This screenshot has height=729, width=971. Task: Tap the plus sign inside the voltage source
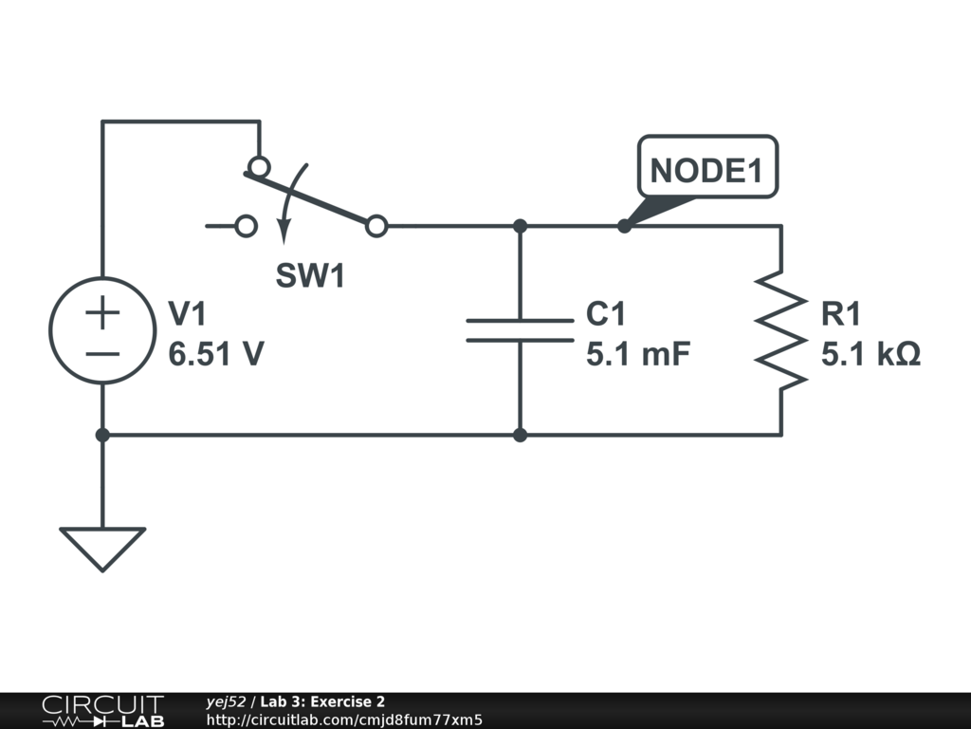coord(102,312)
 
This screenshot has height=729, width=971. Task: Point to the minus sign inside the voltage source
coord(102,354)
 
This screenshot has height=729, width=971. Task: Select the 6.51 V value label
coord(216,354)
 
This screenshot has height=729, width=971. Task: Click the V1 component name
coord(187,313)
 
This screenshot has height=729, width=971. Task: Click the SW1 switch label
coord(310,275)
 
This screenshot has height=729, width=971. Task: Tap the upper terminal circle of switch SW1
coord(259,167)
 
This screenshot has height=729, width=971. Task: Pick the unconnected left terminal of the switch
coord(247,226)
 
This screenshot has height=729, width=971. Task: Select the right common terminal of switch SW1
coord(376,226)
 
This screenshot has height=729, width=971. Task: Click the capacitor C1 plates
coord(521,330)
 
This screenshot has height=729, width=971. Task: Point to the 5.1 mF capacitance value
coord(638,354)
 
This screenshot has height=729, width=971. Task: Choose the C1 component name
coord(606,313)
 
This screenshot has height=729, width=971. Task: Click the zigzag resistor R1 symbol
coord(781,330)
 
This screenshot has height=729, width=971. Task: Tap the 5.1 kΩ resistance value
coord(870,354)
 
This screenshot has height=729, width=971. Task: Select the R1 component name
coord(840,313)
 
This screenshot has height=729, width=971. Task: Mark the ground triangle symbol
coord(102,529)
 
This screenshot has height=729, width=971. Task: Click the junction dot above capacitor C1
coord(521,226)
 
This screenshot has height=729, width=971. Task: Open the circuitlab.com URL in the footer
coord(344,720)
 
